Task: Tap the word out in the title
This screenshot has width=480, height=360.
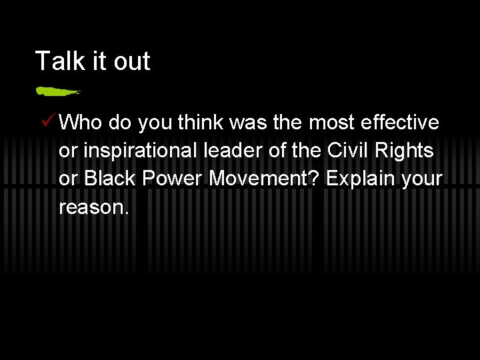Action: (x=131, y=61)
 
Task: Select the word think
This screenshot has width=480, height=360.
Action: (x=201, y=123)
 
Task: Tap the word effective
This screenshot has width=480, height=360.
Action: (x=399, y=123)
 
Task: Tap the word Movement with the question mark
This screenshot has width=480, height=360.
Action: (x=265, y=179)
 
